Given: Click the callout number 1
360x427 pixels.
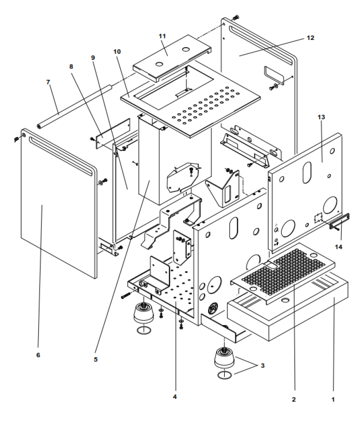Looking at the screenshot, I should tap(333, 398).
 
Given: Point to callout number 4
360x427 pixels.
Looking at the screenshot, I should tap(176, 397).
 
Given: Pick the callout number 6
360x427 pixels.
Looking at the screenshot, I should tap(38, 355).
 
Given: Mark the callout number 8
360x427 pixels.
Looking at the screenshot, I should tap(71, 66).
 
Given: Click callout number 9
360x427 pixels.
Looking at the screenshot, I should tap(93, 58).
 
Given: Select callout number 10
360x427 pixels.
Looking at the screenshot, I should tap(117, 52).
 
